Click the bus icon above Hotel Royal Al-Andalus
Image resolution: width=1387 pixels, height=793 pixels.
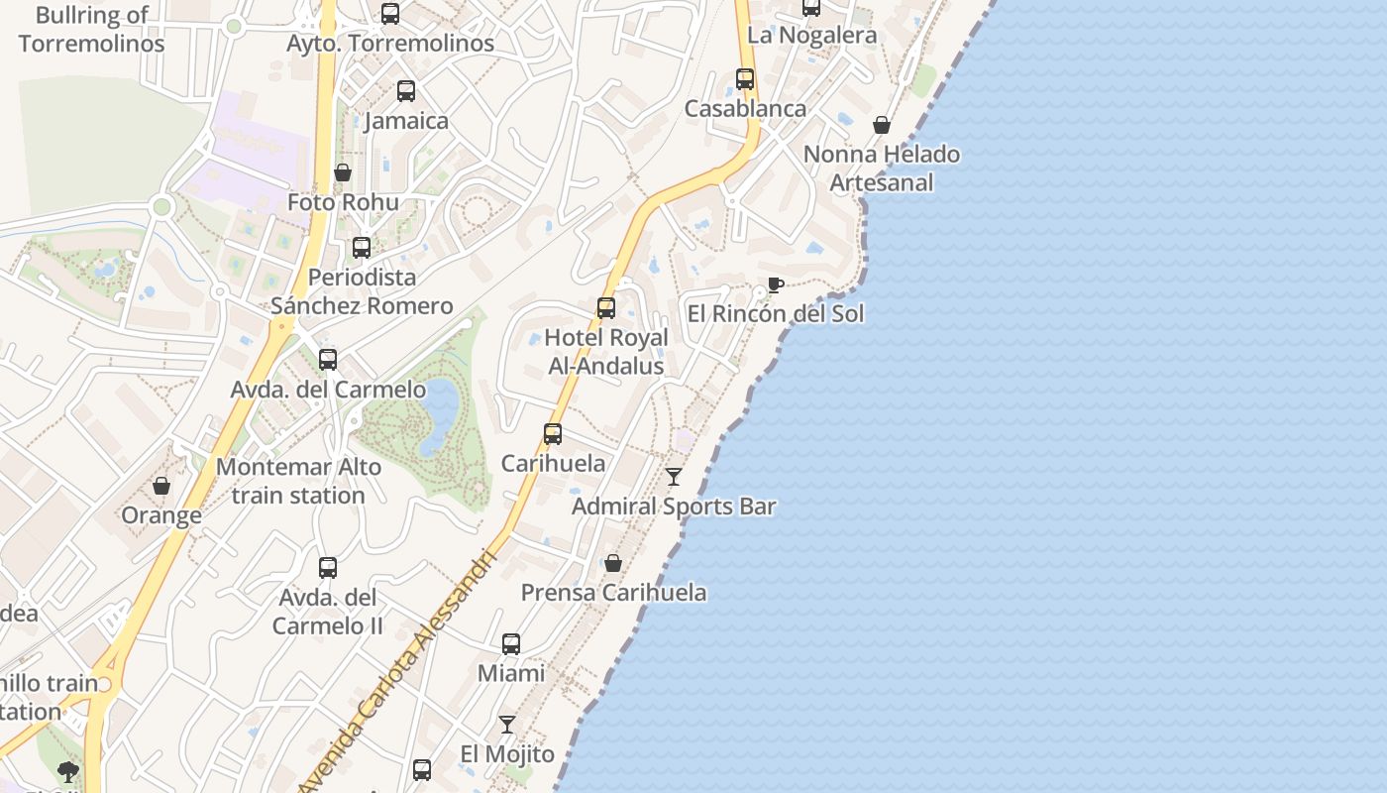[x=606, y=308]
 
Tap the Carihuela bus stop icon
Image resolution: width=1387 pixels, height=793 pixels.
[x=553, y=434]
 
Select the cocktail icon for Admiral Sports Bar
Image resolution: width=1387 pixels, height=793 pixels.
[x=674, y=477]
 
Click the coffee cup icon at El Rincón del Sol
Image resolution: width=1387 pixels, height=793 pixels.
[x=776, y=285]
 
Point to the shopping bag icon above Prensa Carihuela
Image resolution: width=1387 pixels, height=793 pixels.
[x=613, y=563]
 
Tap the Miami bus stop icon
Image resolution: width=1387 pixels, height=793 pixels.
[x=511, y=644]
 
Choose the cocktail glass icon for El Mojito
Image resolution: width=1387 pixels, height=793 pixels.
[x=507, y=725]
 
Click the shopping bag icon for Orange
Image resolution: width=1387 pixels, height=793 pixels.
[x=161, y=486]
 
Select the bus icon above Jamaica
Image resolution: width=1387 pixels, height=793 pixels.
[x=406, y=91]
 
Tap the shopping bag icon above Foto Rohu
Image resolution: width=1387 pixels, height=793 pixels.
[x=343, y=172]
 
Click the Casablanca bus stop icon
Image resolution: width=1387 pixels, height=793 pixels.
[x=745, y=79]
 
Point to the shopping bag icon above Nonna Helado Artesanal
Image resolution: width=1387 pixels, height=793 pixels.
[x=882, y=125]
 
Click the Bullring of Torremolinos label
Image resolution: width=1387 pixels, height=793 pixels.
[x=91, y=30]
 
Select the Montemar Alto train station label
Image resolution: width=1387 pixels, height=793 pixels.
[x=298, y=481]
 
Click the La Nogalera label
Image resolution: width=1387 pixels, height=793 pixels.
[x=811, y=36]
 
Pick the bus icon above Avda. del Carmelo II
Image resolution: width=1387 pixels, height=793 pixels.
[x=328, y=568]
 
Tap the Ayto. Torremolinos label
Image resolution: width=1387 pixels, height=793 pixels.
[x=390, y=44]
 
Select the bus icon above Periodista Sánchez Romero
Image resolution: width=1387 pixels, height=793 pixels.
[x=362, y=248]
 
